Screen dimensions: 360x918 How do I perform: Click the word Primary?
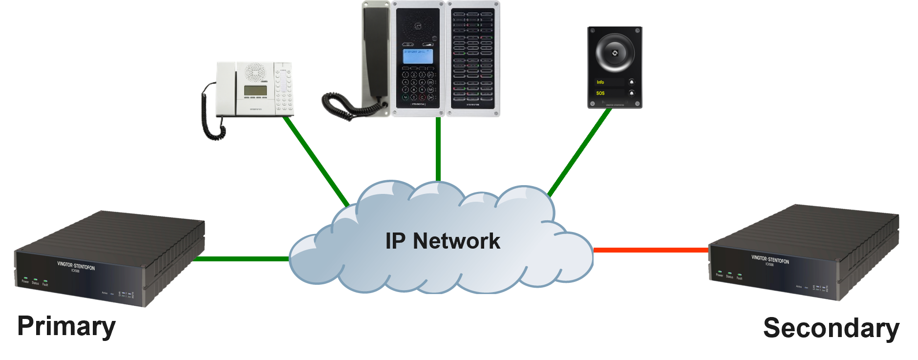66,326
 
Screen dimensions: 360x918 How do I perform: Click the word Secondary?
831,328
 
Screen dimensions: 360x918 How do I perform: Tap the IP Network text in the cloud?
443,241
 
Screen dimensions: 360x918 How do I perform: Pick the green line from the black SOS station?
579,153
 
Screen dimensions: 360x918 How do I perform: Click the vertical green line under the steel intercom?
438,149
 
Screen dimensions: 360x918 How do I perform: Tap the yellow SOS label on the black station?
600,93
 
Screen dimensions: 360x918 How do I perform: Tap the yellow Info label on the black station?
600,82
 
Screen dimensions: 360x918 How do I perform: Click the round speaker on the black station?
615,53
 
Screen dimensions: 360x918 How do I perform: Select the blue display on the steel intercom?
418,56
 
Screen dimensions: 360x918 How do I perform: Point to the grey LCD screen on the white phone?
256,91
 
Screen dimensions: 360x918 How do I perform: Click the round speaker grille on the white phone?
255,72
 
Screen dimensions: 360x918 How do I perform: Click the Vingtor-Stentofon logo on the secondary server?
770,259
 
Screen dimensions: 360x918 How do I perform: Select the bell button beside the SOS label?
631,93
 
